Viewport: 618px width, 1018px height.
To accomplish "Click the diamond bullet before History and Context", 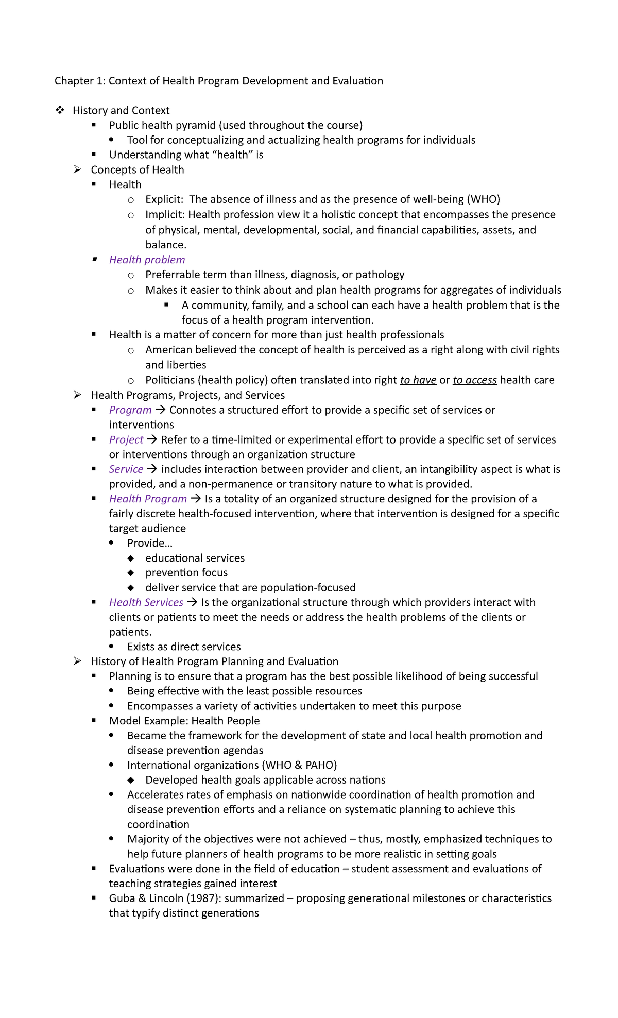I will (x=60, y=110).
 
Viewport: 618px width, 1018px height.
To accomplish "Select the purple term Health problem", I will (x=147, y=260).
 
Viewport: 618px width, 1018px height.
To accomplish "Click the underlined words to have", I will (x=418, y=380).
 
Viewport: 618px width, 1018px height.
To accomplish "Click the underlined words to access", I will (x=474, y=380).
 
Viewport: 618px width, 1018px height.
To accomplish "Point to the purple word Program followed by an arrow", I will (x=130, y=410).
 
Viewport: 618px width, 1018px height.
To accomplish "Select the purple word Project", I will (x=126, y=440).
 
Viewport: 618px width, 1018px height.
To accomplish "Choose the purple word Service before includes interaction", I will (x=126, y=469).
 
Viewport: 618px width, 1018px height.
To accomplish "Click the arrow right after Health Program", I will (x=196, y=499).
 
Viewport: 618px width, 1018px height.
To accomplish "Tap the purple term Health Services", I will (x=146, y=603).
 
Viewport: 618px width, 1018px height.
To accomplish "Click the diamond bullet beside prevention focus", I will (x=131, y=573).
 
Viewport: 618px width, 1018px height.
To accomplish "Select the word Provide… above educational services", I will (x=150, y=544).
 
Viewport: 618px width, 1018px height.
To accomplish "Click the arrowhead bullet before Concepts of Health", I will (x=77, y=169).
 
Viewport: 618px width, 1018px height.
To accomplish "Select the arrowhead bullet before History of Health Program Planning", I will (x=77, y=661).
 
